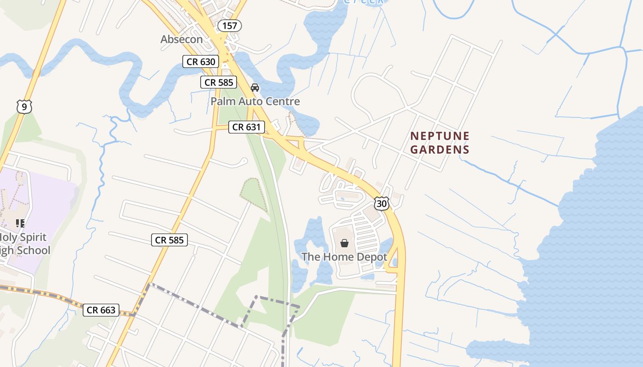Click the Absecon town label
click(181, 39)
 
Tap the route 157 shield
click(229, 26)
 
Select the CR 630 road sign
click(201, 61)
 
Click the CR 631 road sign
click(246, 127)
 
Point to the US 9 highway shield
click(24, 107)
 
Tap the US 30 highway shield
click(381, 203)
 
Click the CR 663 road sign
click(102, 310)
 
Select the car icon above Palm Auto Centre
click(255, 87)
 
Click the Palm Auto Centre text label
click(255, 101)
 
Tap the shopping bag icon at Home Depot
click(344, 243)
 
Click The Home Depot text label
click(344, 257)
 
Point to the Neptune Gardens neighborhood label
click(440, 143)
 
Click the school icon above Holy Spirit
click(20, 223)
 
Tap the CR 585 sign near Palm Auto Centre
click(219, 83)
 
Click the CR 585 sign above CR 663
click(169, 239)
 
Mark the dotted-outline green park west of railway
click(253, 195)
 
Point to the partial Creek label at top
click(363, 2)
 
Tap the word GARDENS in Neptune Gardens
click(440, 150)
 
